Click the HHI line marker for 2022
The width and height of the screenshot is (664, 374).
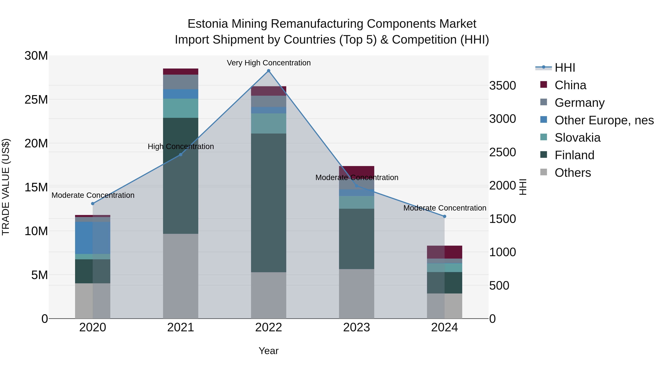pos(268,71)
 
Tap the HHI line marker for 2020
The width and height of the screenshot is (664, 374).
pos(93,204)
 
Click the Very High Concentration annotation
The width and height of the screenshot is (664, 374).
pos(269,63)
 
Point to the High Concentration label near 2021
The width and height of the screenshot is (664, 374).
pos(181,146)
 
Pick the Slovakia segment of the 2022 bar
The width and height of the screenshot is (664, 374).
pos(268,123)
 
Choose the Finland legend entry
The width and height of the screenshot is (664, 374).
pos(574,155)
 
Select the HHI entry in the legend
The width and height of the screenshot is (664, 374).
pos(565,68)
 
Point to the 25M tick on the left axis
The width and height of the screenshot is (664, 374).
pos(36,100)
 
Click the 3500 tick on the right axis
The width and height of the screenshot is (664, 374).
pos(502,86)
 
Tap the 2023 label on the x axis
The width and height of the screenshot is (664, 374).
pos(357,327)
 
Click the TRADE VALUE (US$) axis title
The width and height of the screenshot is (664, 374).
pos(6,187)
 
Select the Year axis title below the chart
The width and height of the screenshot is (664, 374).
pos(268,351)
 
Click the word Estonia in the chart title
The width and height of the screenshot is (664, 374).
pos(207,24)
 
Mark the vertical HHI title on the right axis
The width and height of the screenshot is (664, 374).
pos(523,187)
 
